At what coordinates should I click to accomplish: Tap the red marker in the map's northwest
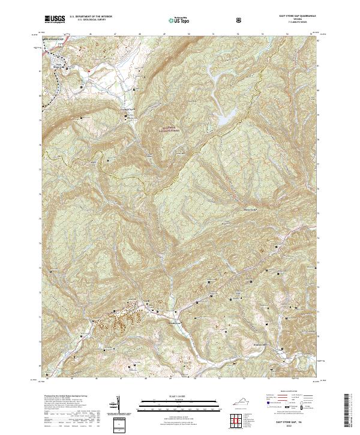coord(89,73)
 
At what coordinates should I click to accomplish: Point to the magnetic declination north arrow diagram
coord(118,406)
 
